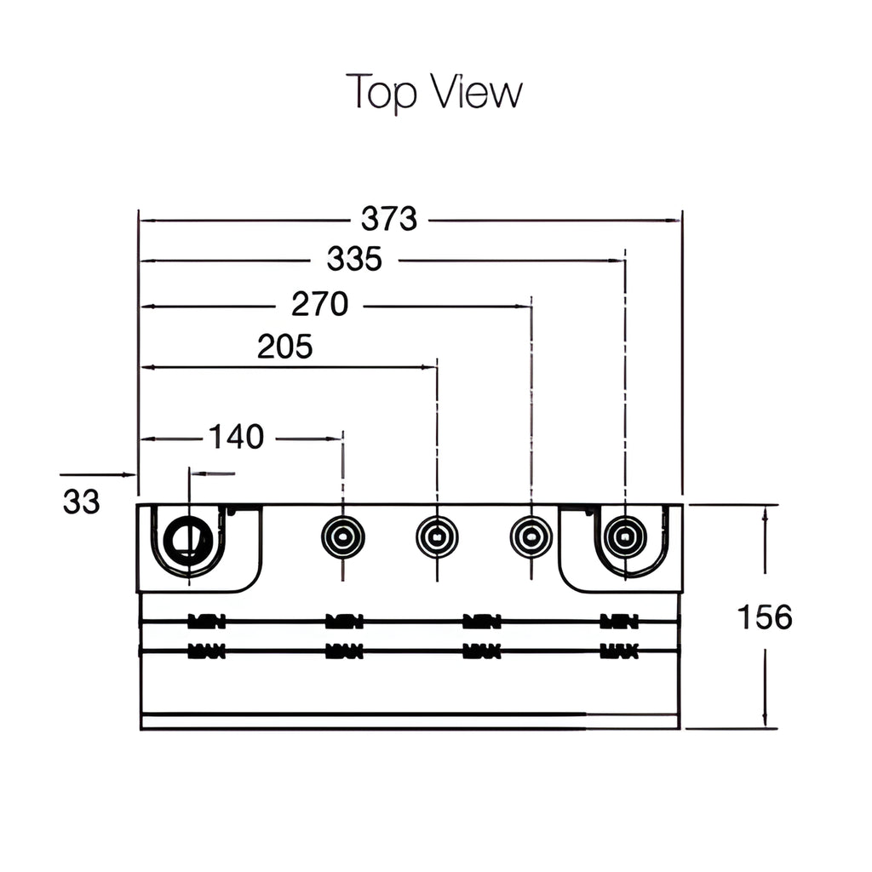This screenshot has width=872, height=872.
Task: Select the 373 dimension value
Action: point(389,220)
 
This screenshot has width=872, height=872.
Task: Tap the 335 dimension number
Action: point(354,259)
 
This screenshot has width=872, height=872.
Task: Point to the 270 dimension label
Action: point(319,304)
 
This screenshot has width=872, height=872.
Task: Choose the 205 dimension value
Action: point(284,347)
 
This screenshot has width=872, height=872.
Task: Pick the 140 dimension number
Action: point(236,438)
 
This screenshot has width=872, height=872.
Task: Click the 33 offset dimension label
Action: point(81,502)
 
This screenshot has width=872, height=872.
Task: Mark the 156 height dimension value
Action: point(764,617)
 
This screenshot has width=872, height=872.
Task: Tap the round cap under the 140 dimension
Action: point(342,537)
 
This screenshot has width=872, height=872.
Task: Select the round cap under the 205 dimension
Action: point(437,537)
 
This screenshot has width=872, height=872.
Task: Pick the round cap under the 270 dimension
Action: point(531,537)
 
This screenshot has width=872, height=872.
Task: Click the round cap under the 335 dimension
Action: point(625,537)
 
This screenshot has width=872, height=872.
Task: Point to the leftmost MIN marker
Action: point(206,622)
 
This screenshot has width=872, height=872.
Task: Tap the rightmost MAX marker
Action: point(619,651)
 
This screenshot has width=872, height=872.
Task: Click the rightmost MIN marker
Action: point(619,622)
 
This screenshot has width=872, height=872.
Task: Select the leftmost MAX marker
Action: point(206,651)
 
